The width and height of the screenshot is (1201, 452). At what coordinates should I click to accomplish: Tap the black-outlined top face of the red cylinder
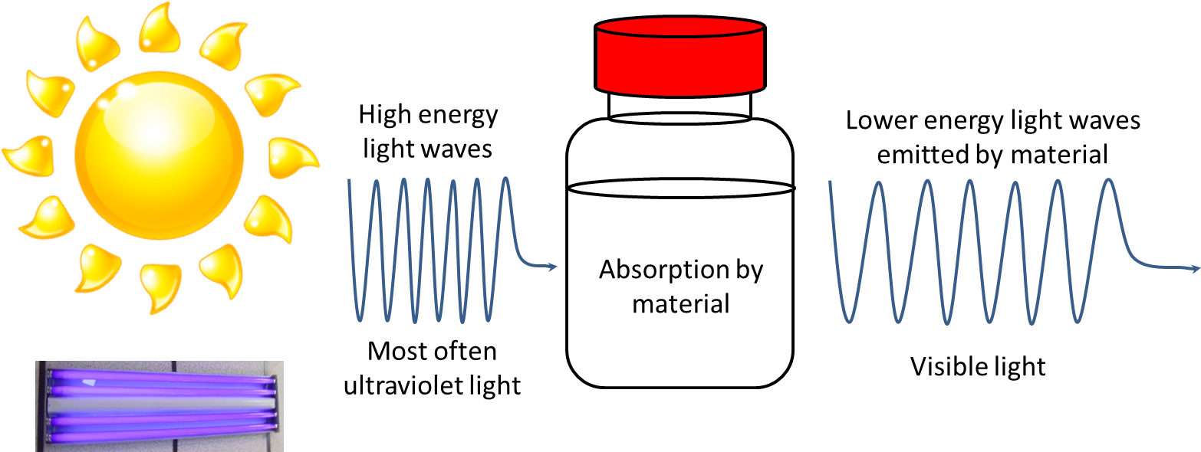tap(679, 28)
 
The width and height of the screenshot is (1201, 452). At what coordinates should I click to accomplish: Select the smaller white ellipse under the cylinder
tap(679, 118)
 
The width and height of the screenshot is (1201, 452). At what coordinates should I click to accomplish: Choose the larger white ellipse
tap(681, 188)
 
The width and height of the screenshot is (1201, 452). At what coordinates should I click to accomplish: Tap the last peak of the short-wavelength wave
tap(505, 181)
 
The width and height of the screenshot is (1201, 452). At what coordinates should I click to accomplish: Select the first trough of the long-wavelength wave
tap(849, 320)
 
